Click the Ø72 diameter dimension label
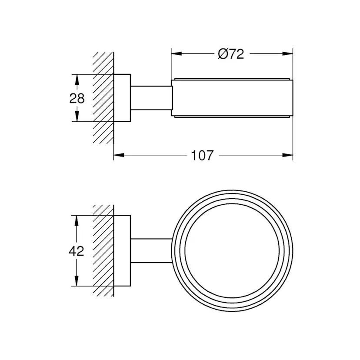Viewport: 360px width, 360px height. pos(231,54)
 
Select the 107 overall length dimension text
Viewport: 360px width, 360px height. pos(202,155)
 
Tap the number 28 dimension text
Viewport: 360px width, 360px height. pos(77,98)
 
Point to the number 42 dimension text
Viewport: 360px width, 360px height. pos(77,251)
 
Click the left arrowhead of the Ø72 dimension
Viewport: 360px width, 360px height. pos(177,54)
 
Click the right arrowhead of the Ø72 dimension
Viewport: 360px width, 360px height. pos(287,54)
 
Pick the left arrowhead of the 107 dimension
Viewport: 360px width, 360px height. pos(119,155)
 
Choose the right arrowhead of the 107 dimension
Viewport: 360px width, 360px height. pos(287,155)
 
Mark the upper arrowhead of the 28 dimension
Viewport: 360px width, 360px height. pos(77,80)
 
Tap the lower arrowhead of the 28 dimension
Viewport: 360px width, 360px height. pos(77,116)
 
